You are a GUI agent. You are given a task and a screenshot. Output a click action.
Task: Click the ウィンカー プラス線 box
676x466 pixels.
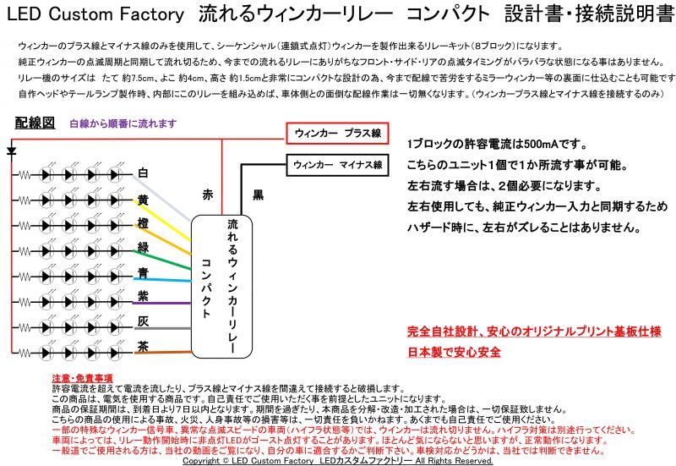(x=337, y=134)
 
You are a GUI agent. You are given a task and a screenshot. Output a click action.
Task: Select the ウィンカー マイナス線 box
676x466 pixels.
(x=337, y=165)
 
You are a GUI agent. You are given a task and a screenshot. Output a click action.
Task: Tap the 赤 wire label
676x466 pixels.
(x=208, y=195)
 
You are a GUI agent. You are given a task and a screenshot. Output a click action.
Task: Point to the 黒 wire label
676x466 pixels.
(x=259, y=195)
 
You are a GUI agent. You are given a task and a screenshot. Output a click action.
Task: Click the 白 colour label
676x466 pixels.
(x=143, y=173)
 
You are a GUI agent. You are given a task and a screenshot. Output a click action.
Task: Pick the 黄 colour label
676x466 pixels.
(x=143, y=200)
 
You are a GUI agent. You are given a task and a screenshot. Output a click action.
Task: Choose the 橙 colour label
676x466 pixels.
(x=143, y=223)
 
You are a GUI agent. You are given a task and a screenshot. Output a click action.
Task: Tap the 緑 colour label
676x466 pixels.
(x=143, y=247)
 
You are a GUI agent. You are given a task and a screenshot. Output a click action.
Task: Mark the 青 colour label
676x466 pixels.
(x=143, y=272)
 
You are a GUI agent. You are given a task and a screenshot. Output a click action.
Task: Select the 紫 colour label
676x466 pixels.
(x=143, y=296)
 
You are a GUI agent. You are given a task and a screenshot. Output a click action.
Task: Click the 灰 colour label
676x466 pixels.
(x=143, y=321)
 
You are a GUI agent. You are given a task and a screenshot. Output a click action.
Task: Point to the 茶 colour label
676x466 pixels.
(x=143, y=347)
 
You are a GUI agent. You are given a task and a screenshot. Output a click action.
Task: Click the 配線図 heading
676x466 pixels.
(x=35, y=123)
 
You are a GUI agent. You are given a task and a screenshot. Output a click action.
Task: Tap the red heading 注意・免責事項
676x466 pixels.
(x=82, y=378)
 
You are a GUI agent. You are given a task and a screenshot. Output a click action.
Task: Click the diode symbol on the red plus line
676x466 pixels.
(x=12, y=151)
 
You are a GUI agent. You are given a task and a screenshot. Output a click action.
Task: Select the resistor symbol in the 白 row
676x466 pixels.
(x=25, y=175)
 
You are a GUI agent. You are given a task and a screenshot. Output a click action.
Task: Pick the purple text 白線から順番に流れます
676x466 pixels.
(x=123, y=123)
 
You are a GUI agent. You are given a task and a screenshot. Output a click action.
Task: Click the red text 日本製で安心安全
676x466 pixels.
(x=454, y=352)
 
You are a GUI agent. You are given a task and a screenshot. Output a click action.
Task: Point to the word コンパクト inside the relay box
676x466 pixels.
(x=206, y=288)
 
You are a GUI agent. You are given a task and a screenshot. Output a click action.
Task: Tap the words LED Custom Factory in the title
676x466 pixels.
(x=95, y=14)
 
